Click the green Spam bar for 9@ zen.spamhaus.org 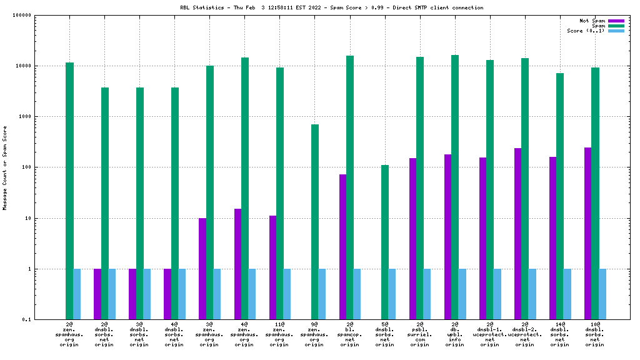click(315, 222)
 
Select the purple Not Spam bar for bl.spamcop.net click(342, 247)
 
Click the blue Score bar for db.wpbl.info click(462, 294)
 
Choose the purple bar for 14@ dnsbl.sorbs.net click(552, 238)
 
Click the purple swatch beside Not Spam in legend click(616, 21)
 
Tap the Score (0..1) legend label click(586, 31)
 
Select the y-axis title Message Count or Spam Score click(5, 167)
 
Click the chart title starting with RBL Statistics click(331, 7)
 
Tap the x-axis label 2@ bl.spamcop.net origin click(350, 334)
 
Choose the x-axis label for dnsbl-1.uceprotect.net click(490, 334)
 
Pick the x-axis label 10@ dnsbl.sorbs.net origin click(595, 334)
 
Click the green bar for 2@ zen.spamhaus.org click(70, 191)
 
